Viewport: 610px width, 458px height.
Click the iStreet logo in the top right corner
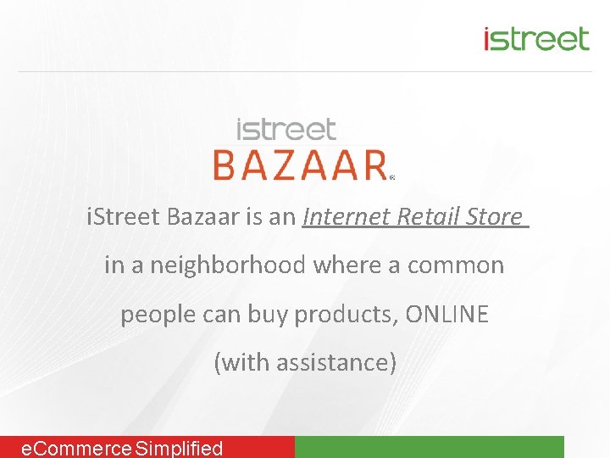pyautogui.click(x=535, y=38)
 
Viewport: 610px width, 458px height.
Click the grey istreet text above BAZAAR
pyautogui.click(x=286, y=130)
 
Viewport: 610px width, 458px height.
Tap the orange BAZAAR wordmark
pyautogui.click(x=300, y=165)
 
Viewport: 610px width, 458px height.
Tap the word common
pyautogui.click(x=456, y=265)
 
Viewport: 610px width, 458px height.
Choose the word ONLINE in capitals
pyautogui.click(x=446, y=315)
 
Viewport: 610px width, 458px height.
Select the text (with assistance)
pyautogui.click(x=305, y=363)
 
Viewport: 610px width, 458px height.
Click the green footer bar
pyautogui.click(x=429, y=447)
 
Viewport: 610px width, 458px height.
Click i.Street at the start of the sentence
pyautogui.click(x=123, y=217)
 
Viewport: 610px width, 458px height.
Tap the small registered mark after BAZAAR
pyautogui.click(x=392, y=178)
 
